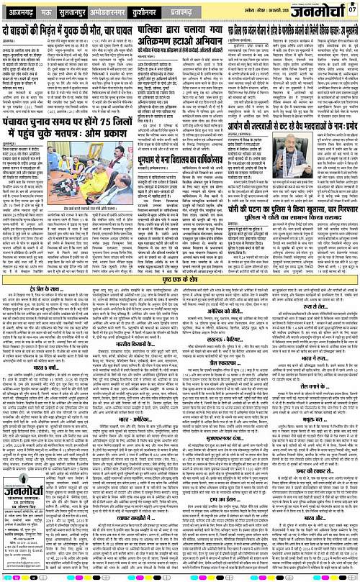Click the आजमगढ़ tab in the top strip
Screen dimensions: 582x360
[20, 12]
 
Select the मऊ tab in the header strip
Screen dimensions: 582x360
[50, 12]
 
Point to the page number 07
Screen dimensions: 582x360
[351, 9]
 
